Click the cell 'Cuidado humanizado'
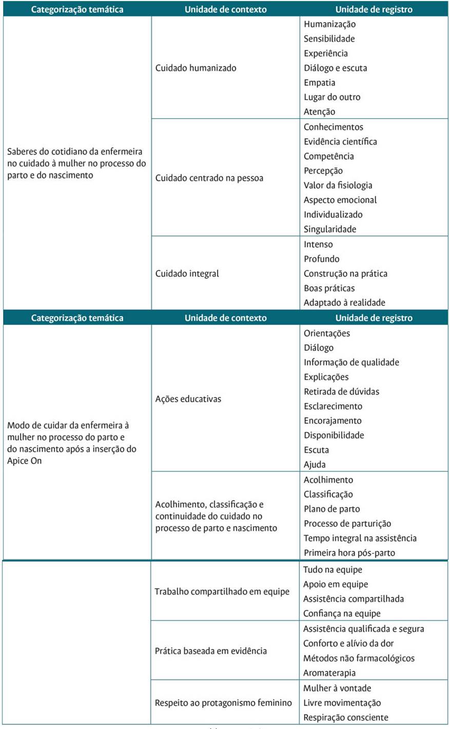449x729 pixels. tap(196, 68)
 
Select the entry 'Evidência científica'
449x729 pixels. tap(340, 142)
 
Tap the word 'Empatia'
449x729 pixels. tap(319, 83)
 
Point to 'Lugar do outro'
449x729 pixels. tap(332, 97)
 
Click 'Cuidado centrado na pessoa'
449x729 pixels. tap(209, 178)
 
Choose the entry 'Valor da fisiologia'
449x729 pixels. tap(338, 185)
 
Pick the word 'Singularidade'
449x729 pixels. tap(329, 229)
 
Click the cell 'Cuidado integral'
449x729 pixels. tap(187, 274)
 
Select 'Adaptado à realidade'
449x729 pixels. tap(344, 303)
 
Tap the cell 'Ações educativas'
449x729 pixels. tap(188, 399)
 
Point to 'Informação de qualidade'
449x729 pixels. tap(351, 362)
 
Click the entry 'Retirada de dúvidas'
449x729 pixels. tap(341, 392)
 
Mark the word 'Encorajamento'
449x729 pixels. tap(333, 421)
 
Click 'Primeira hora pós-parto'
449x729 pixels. tap(349, 553)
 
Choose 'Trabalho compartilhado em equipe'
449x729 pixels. tap(222, 591)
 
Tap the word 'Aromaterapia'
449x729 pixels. tap(329, 673)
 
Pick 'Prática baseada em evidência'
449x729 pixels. tap(210, 651)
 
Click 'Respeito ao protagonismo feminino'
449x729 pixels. tap(223, 703)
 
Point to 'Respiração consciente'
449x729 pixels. tap(345, 718)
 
